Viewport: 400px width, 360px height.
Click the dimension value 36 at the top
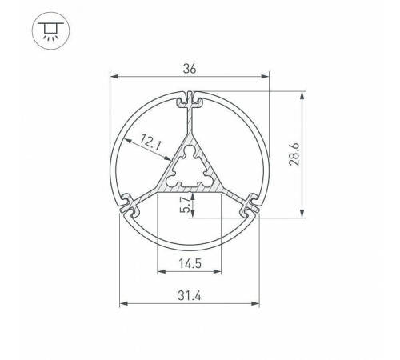[x=190, y=69]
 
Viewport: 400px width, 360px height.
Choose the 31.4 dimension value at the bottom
[x=190, y=297]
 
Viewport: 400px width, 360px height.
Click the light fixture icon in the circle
[x=49, y=30]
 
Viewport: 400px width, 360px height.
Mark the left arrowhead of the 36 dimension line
[x=113, y=78]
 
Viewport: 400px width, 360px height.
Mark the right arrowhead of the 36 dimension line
[x=267, y=78]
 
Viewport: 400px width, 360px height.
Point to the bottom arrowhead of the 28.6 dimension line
[x=302, y=214]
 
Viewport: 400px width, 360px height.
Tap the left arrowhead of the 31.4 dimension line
[x=122, y=305]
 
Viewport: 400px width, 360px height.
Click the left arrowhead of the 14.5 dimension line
[x=159, y=271]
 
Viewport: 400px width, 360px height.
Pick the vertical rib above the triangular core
[x=190, y=124]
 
